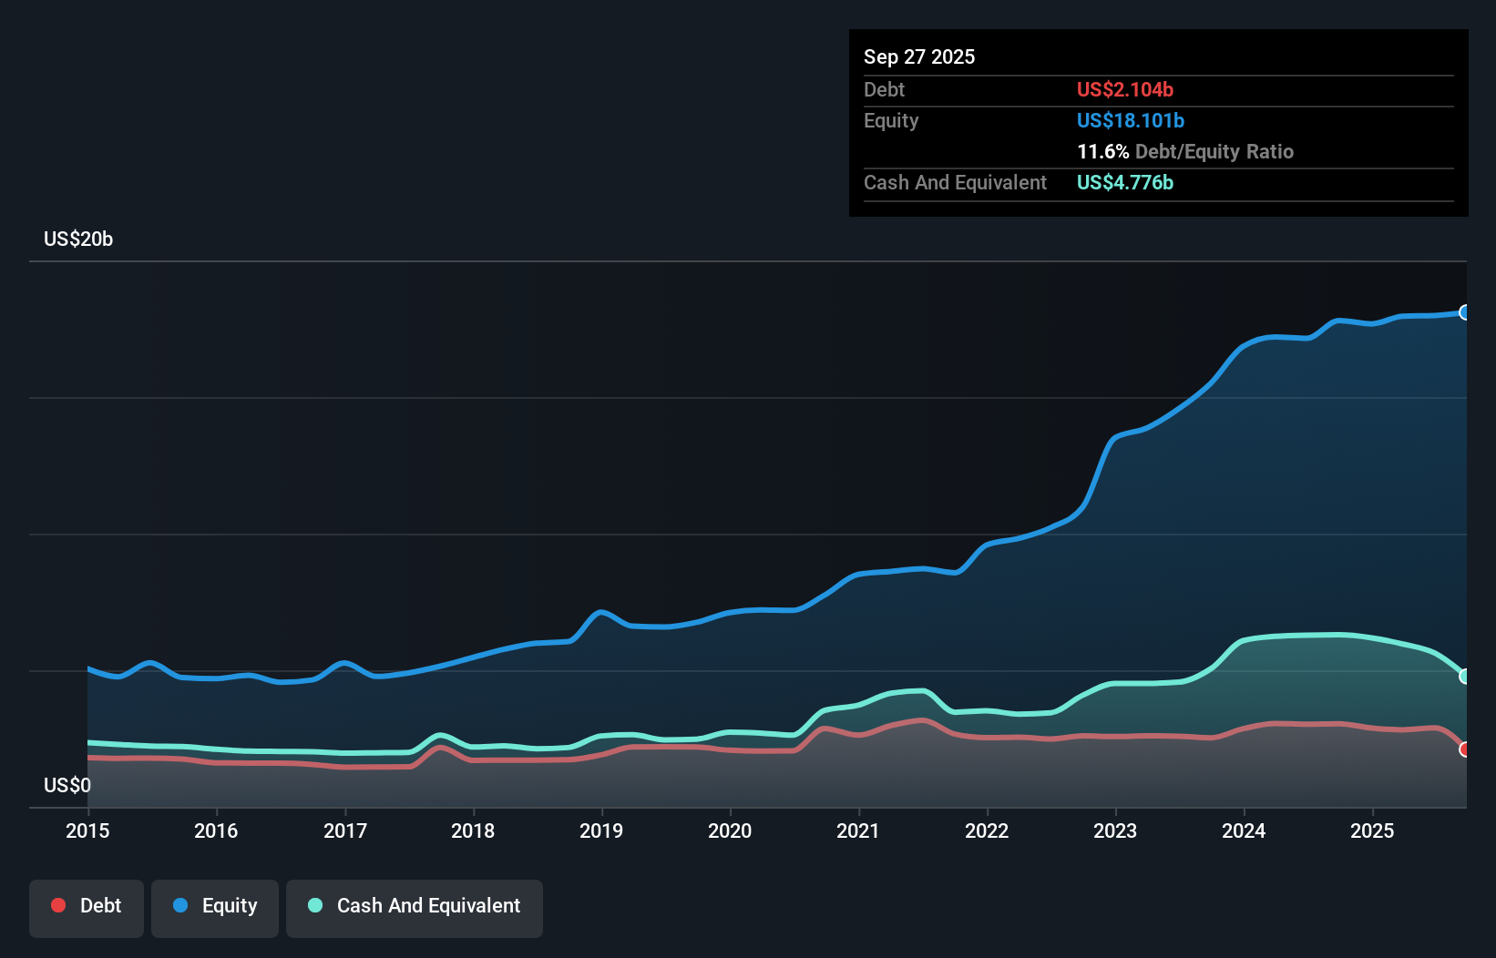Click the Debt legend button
[x=87, y=907]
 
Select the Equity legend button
[x=215, y=907]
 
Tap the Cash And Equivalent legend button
[x=415, y=907]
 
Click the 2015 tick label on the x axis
[x=87, y=831]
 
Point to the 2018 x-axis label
[x=473, y=831]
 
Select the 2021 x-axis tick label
[x=858, y=831]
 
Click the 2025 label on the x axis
[x=1372, y=831]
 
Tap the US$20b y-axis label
[x=78, y=239]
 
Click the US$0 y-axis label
[x=67, y=785]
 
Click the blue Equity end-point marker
[x=1465, y=312]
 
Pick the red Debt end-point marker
[x=1465, y=749]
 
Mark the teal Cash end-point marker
[x=1465, y=677]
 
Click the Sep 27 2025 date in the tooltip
[x=918, y=56]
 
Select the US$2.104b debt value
[x=1124, y=89]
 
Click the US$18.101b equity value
[x=1130, y=120]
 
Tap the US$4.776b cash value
[x=1124, y=182]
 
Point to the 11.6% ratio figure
[x=1102, y=151]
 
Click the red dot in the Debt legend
[x=58, y=905]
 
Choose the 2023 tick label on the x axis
[x=1115, y=831]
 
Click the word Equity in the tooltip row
[x=891, y=120]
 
